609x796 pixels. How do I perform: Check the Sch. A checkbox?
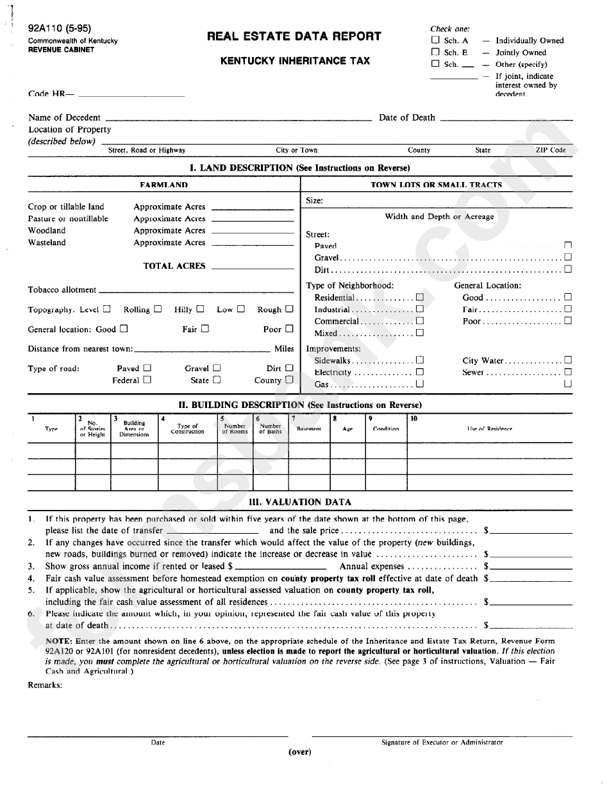435,40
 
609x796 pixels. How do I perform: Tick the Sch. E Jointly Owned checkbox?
435,52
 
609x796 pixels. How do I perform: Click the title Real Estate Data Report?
294,37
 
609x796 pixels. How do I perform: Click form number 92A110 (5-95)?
59,29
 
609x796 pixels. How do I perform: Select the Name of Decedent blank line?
238,118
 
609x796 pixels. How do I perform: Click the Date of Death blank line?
506,118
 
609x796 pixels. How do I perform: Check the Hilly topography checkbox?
200,309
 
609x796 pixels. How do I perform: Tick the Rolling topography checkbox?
158,309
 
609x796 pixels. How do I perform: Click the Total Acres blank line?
252,266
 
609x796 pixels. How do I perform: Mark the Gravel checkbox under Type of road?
217,368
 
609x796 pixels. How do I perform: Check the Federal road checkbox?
147,380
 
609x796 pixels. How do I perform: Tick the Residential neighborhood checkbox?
419,297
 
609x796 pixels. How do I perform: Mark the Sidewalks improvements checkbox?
419,360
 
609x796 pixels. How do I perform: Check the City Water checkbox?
567,360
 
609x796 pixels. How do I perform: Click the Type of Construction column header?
187,428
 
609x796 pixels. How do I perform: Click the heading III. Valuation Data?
299,502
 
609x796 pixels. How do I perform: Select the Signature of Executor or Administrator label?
442,742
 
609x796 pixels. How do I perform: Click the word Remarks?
45,685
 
